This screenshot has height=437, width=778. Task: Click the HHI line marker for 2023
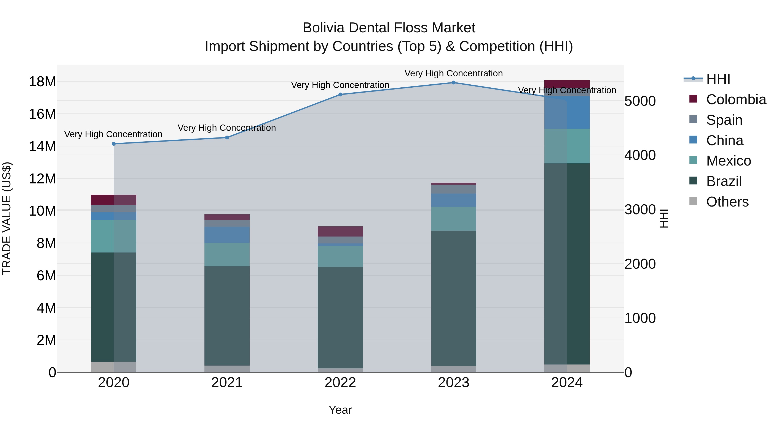tap(454, 83)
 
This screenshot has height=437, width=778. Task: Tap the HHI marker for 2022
tap(340, 94)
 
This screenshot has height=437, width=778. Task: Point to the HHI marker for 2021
tap(227, 137)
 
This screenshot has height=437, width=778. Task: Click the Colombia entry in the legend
tap(736, 99)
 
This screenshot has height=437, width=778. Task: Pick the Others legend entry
tap(727, 202)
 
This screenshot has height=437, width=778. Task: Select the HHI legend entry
tap(718, 79)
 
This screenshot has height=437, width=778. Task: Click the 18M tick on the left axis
tap(42, 82)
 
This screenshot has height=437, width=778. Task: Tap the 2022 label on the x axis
tap(340, 383)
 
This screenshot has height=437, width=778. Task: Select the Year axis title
tap(340, 410)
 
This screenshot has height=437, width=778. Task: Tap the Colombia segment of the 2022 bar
tap(340, 231)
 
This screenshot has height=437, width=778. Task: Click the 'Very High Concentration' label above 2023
tap(454, 73)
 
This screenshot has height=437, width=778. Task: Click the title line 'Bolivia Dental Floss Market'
tap(389, 28)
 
